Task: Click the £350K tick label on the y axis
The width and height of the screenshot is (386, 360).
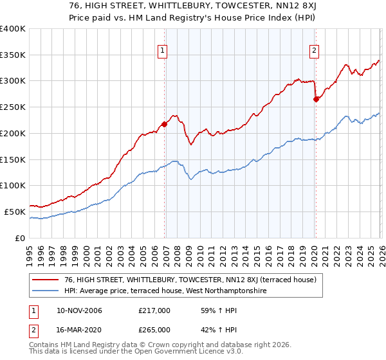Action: click(x=13, y=55)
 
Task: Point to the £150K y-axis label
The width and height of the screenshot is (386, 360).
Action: click(x=13, y=159)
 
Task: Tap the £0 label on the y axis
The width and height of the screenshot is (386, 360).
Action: click(x=21, y=238)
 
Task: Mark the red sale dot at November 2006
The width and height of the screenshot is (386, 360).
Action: click(x=164, y=124)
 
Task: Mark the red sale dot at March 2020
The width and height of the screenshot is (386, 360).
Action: click(x=316, y=99)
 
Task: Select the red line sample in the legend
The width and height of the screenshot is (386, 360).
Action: click(x=45, y=280)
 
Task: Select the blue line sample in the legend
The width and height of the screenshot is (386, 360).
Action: click(x=45, y=291)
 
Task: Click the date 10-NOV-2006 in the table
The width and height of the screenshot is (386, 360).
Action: click(x=78, y=310)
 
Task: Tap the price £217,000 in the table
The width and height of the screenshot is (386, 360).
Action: click(x=154, y=310)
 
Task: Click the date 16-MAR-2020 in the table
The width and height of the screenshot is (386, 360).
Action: click(x=78, y=329)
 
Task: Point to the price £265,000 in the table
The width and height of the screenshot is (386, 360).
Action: click(x=154, y=329)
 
